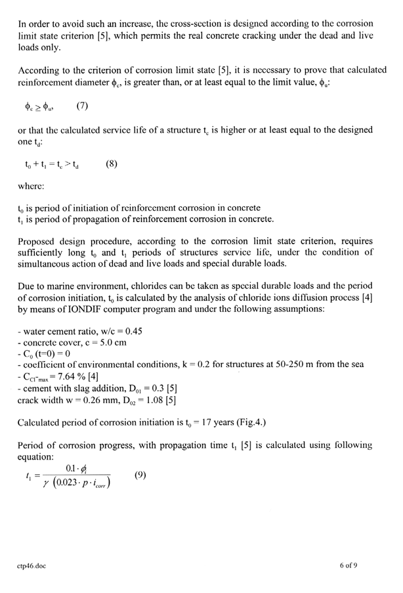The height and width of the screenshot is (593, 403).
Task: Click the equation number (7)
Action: (82, 106)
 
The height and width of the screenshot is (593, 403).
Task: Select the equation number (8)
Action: (111, 165)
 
